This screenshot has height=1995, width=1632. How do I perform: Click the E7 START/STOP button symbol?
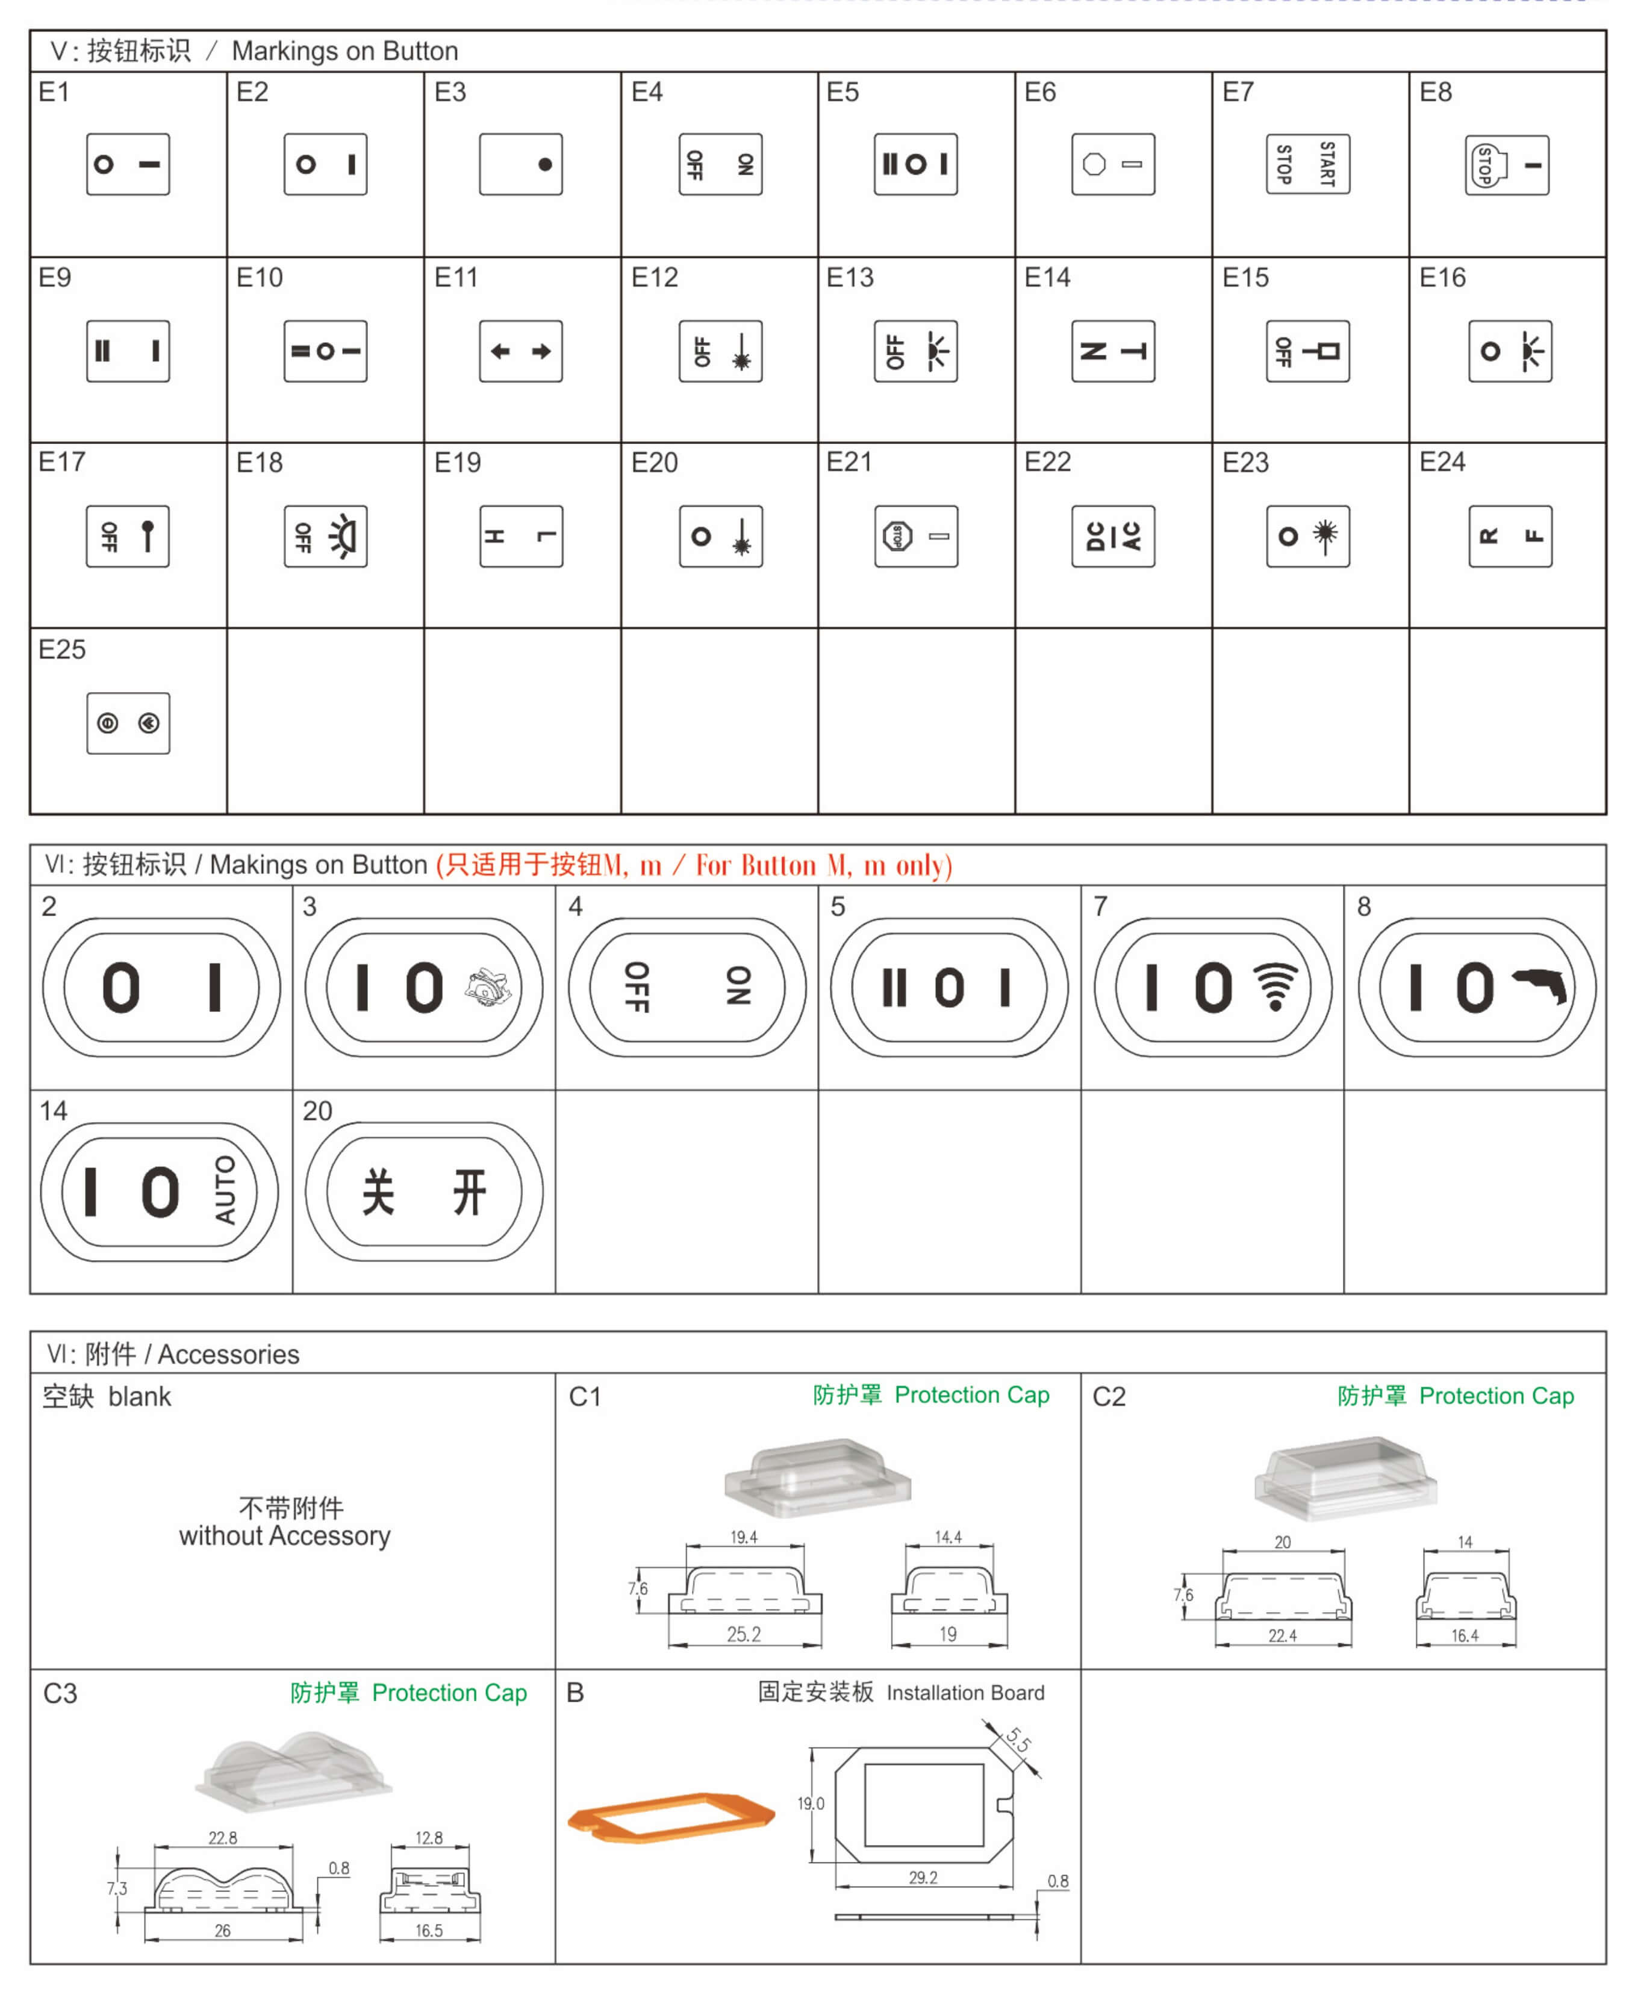(x=1307, y=164)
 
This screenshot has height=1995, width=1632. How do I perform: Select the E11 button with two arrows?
(x=521, y=351)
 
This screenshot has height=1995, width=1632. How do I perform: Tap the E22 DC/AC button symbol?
(x=1113, y=536)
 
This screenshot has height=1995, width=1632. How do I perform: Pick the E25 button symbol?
(x=128, y=723)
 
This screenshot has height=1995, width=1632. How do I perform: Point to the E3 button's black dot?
(x=544, y=164)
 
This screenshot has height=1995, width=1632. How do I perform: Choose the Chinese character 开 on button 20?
(x=469, y=1191)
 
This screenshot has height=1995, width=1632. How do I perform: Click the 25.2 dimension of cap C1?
(x=744, y=1634)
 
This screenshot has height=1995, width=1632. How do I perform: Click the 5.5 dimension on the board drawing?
(x=1017, y=1739)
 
